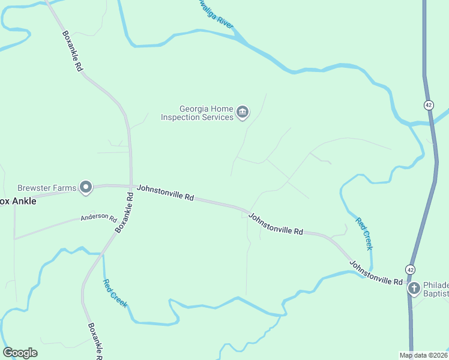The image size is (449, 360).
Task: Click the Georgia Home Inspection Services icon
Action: tap(243, 112)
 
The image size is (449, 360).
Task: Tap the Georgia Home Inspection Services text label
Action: tap(197, 113)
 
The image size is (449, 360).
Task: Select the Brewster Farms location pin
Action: tap(86, 188)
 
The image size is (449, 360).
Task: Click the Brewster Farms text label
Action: tap(47, 188)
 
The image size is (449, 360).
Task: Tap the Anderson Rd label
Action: tap(99, 217)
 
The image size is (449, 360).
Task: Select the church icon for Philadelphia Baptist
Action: tap(414, 289)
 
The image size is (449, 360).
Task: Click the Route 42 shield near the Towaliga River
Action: tap(428, 104)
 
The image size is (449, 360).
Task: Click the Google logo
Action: tap(20, 353)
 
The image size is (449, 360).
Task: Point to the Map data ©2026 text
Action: tap(423, 355)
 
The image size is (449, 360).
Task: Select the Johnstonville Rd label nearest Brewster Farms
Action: tap(166, 193)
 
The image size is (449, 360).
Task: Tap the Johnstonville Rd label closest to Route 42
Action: tap(376, 272)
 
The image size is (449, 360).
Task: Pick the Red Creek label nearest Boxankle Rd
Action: tap(115, 294)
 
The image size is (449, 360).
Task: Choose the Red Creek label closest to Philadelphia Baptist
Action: tap(364, 233)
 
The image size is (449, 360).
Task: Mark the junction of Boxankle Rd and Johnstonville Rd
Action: tap(130, 186)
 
